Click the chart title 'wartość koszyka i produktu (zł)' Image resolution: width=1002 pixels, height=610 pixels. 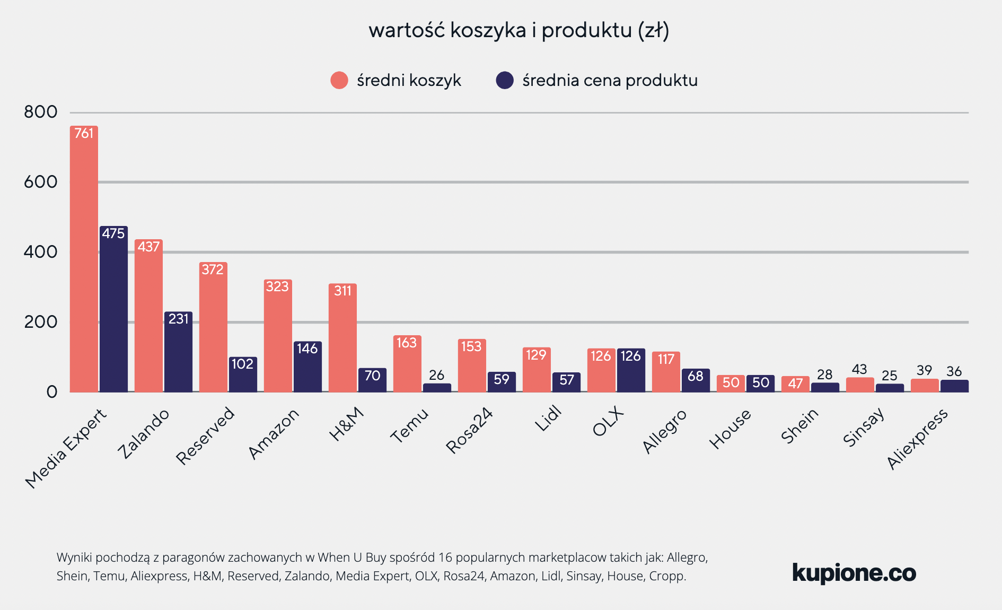[x=518, y=30]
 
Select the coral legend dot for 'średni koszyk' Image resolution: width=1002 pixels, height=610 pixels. [x=339, y=80]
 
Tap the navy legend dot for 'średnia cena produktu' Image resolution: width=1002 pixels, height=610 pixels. [x=504, y=80]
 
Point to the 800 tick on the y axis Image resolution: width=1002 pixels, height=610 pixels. [x=40, y=112]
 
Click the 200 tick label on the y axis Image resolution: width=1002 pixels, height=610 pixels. [x=40, y=322]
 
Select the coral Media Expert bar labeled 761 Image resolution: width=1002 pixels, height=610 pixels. [x=84, y=260]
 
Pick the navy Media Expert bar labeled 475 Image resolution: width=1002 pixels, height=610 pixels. [x=113, y=310]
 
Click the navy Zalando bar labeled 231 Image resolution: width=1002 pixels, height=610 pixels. [x=178, y=353]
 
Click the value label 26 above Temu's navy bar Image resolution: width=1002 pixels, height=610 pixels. [x=436, y=375]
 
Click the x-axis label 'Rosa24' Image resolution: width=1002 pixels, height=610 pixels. [x=470, y=430]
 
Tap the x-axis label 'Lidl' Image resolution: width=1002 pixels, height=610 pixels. [x=548, y=419]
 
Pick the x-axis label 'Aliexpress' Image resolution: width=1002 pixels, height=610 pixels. [x=917, y=439]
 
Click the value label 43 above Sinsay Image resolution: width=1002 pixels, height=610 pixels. [x=859, y=369]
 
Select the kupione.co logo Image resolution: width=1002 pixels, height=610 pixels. [x=854, y=573]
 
